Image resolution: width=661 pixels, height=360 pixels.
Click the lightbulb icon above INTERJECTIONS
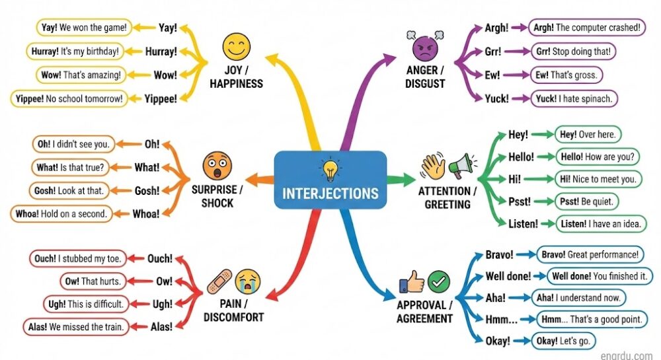(x=329, y=170)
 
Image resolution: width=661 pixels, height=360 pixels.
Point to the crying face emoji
(x=248, y=281)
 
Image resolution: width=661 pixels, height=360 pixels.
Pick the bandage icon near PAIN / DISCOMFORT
(x=219, y=282)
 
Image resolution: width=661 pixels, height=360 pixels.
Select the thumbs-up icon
(x=412, y=283)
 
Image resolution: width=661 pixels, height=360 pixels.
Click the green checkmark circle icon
(x=438, y=282)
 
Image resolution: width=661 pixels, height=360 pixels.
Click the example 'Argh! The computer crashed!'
(x=586, y=28)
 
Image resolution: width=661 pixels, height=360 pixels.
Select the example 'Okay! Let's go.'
(x=564, y=341)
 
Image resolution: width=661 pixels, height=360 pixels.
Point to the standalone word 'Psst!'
(x=520, y=201)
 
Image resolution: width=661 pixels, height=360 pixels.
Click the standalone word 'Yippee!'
(x=161, y=99)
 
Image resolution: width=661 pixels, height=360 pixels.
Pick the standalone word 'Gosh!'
(x=147, y=191)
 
